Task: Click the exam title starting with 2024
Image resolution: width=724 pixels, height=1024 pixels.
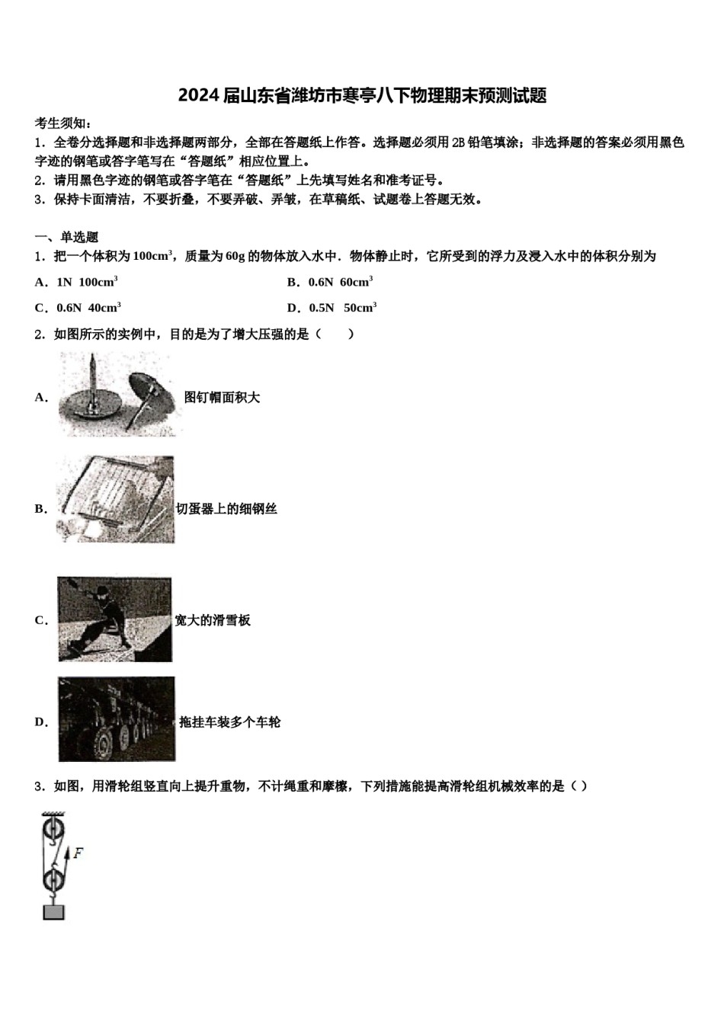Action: (x=362, y=96)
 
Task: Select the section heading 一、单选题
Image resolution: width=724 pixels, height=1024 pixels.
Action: (x=66, y=237)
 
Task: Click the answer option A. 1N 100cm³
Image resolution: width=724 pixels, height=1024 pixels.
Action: (x=76, y=282)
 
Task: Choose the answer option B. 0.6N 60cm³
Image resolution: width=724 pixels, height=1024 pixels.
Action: (x=329, y=282)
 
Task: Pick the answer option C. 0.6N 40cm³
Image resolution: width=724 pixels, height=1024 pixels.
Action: (x=78, y=308)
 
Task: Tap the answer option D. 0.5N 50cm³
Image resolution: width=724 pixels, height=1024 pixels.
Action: (x=332, y=308)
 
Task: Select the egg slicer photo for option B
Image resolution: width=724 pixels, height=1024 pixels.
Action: (x=115, y=500)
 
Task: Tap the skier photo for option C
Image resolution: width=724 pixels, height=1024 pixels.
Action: (x=114, y=619)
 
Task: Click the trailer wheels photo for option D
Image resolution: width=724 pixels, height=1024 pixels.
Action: (x=116, y=719)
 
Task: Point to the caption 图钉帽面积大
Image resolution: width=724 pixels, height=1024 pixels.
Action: (x=222, y=397)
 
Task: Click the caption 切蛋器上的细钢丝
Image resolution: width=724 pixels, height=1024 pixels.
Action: (x=226, y=509)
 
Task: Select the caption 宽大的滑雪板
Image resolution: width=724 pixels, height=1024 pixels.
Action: (x=213, y=620)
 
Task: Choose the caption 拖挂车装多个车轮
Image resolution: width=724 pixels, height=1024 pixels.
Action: (x=229, y=722)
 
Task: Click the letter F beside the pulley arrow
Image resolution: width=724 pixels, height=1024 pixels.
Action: (x=78, y=853)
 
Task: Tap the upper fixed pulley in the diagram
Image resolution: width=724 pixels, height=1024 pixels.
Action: (x=53, y=829)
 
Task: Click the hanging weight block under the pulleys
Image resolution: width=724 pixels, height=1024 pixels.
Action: (x=53, y=911)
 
